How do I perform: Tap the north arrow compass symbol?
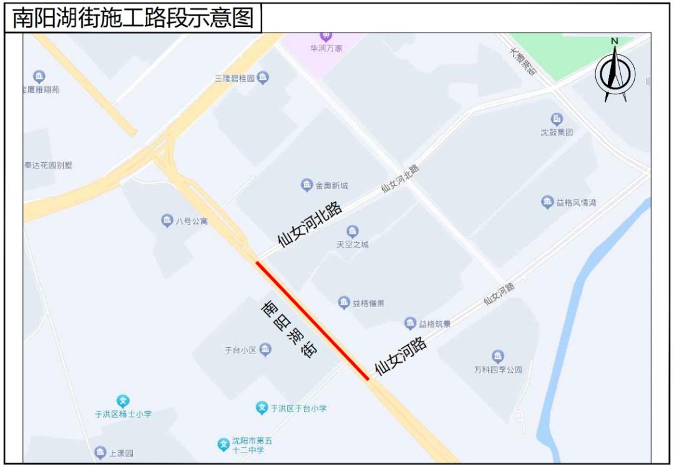[x=615, y=71]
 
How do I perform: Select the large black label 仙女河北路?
[x=310, y=224]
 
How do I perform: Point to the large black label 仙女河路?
[x=400, y=356]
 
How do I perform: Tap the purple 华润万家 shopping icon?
[x=326, y=35]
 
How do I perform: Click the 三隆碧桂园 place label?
[x=235, y=79]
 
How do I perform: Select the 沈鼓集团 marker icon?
[x=557, y=119]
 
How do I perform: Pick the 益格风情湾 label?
[x=576, y=202]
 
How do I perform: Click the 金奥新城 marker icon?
[x=307, y=185]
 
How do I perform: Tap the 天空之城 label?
[x=353, y=244]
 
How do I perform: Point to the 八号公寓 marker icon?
[x=167, y=220]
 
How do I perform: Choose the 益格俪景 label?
[x=368, y=303]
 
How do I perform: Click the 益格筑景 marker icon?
[x=410, y=323]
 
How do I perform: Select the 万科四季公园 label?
[x=497, y=370]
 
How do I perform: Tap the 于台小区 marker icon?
[x=266, y=350]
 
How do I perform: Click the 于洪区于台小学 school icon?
[x=262, y=408]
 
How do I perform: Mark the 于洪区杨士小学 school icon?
[x=123, y=401]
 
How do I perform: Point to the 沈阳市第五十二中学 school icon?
[x=223, y=445]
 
